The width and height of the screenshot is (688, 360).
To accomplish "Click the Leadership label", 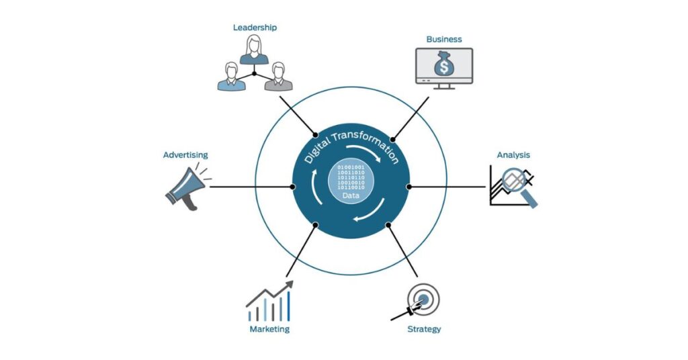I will pos(255,28).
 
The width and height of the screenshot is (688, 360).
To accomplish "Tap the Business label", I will pos(443,39).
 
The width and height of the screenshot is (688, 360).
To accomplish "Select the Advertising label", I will pos(185,155).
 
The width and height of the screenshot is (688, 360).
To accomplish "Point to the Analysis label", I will pos(513,155).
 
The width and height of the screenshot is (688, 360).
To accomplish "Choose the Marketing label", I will pos(269,329).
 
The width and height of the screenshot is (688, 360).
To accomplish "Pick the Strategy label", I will pos(424,329).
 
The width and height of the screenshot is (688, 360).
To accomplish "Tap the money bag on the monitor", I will pos(443,64).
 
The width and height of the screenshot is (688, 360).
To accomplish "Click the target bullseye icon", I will pos(423,299).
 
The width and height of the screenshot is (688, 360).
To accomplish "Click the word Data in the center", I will pos(351,196).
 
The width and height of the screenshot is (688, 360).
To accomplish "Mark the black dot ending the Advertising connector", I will pos(292,186).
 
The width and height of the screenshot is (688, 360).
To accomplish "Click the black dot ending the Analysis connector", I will pos(409,186).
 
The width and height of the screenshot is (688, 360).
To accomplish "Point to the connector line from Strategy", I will pos(403,252).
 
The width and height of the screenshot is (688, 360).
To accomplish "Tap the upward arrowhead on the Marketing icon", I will pos(291,285).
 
